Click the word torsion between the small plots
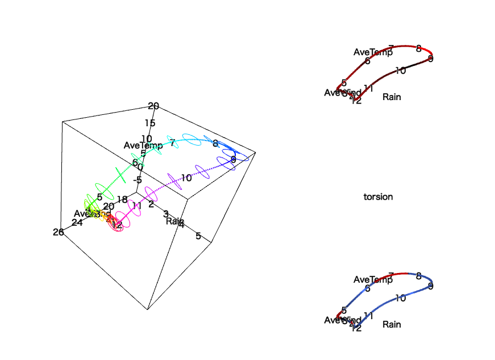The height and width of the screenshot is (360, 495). click(378, 197)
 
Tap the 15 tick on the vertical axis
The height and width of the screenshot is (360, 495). click(150, 123)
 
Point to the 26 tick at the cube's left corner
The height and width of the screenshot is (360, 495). click(58, 231)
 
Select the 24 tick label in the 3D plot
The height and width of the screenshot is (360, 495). click(77, 222)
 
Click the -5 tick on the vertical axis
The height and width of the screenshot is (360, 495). click(137, 180)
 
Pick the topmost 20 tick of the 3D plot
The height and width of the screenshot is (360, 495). click(153, 106)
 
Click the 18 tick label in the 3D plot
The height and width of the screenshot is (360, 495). click(122, 199)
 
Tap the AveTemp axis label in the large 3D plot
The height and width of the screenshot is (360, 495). click(143, 145)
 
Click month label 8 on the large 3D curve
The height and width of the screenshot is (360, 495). click(215, 144)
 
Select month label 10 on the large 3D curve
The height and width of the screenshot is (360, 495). click(186, 177)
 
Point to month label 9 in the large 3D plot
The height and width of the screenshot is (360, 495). click(233, 160)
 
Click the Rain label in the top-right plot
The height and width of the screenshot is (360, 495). click(392, 97)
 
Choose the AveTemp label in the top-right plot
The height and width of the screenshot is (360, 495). click(373, 52)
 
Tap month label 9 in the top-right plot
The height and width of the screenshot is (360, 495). click(431, 59)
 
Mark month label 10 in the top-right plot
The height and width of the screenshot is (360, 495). click(400, 71)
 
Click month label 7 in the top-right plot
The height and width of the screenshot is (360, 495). click(391, 48)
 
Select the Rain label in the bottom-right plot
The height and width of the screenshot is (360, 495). click(392, 324)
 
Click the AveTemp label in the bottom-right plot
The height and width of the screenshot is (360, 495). click(373, 280)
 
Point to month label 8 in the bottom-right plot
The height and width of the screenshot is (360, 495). click(419, 276)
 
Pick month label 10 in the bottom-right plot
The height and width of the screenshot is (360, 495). click(400, 298)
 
